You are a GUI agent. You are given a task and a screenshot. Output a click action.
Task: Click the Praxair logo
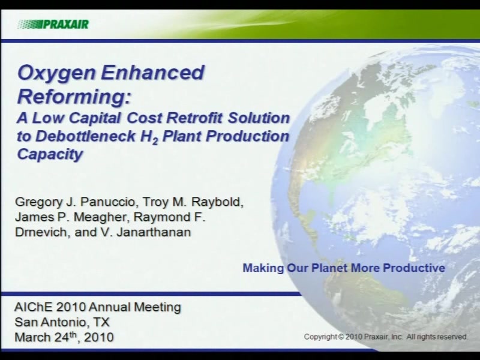tap(53, 24)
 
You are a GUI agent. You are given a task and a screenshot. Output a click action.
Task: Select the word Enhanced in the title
tap(152, 72)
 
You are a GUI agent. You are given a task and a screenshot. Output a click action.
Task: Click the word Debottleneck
tap(85, 136)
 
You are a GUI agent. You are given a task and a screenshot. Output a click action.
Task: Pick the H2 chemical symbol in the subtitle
tap(149, 137)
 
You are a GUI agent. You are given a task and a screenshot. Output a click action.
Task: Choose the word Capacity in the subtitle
tap(50, 155)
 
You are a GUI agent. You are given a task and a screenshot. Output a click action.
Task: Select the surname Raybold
tap(217, 202)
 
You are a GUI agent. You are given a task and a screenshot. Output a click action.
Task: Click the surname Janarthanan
tap(154, 232)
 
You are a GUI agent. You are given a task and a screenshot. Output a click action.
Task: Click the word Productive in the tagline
tap(414, 268)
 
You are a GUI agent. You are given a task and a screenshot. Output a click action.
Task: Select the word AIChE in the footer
tap(34, 307)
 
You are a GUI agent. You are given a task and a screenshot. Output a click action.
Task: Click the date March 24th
tap(46, 337)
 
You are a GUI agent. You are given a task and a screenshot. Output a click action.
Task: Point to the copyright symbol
tap(341, 337)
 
